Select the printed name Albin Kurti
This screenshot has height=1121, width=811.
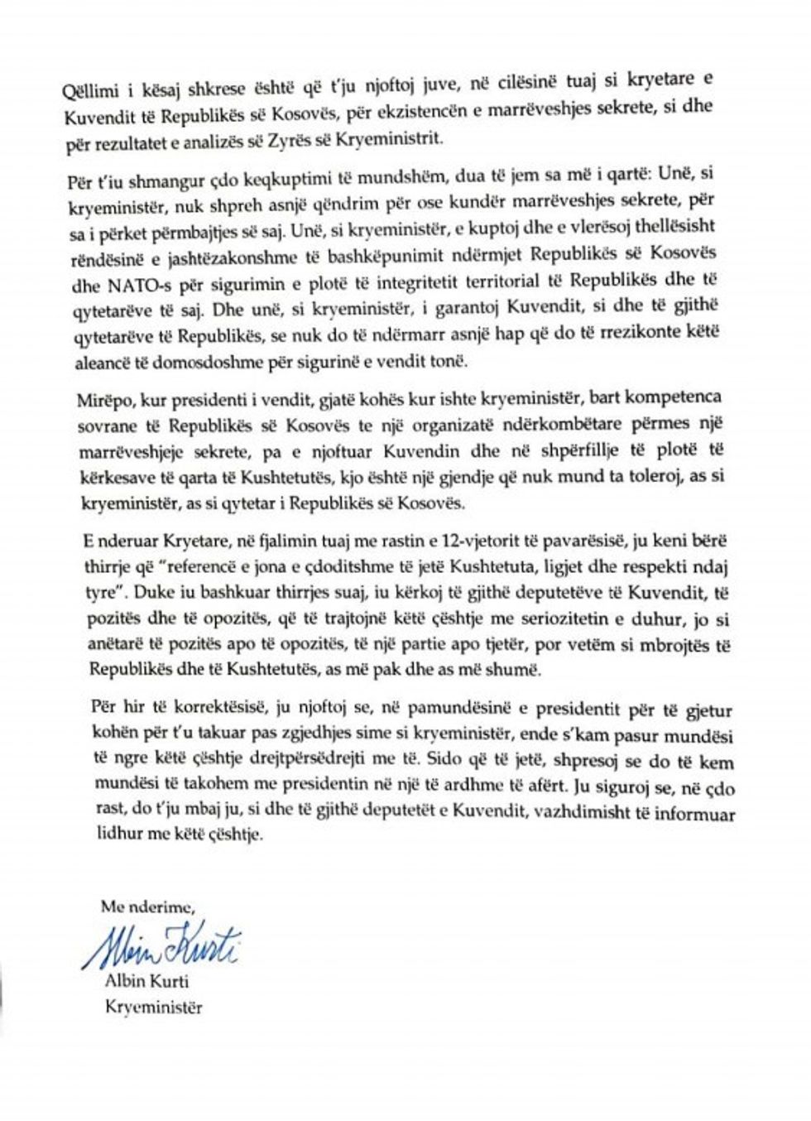point(146,982)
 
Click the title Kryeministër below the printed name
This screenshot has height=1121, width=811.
point(154,1007)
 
